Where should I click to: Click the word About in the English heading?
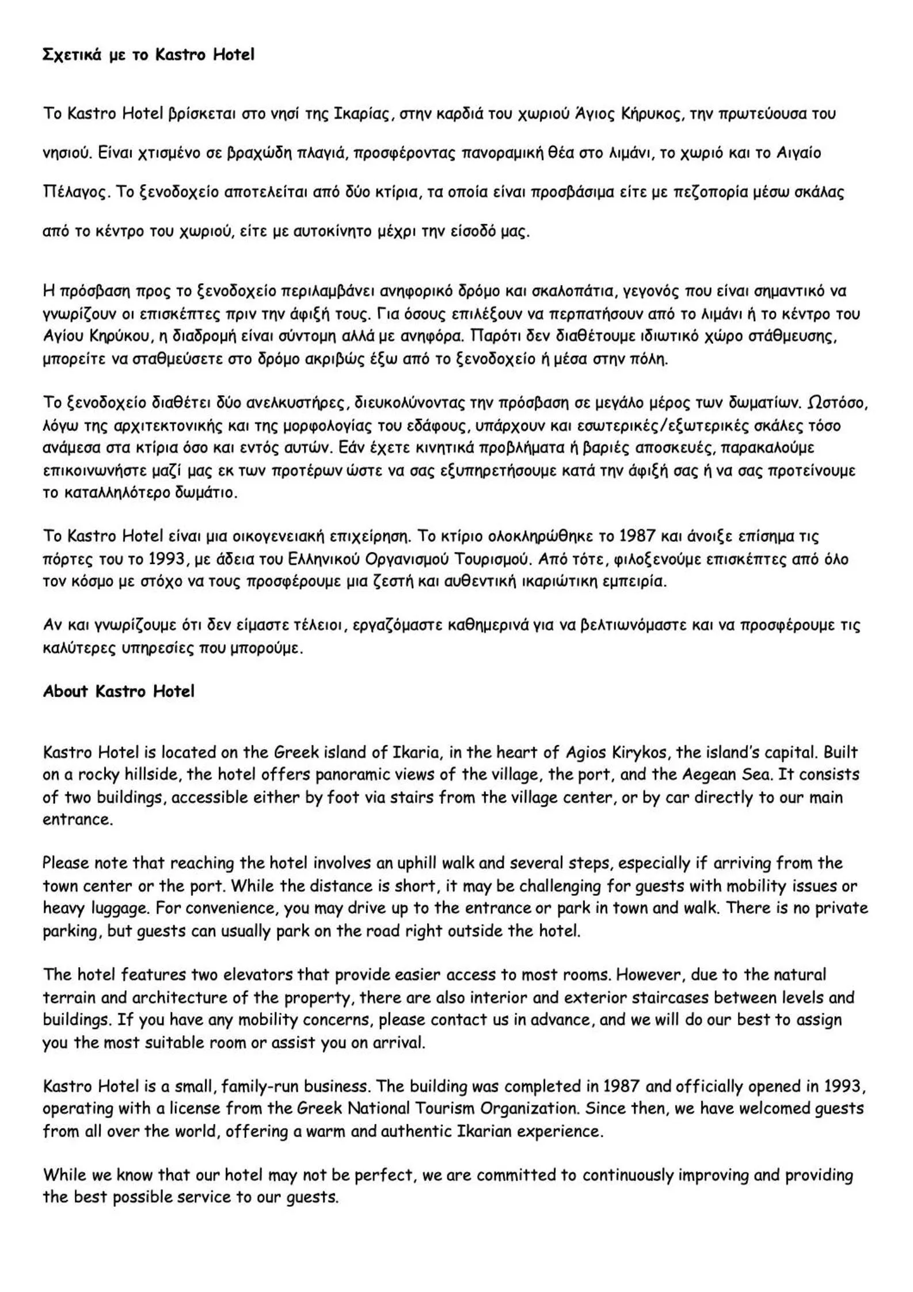[x=65, y=691]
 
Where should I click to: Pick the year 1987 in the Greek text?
[x=637, y=536]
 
